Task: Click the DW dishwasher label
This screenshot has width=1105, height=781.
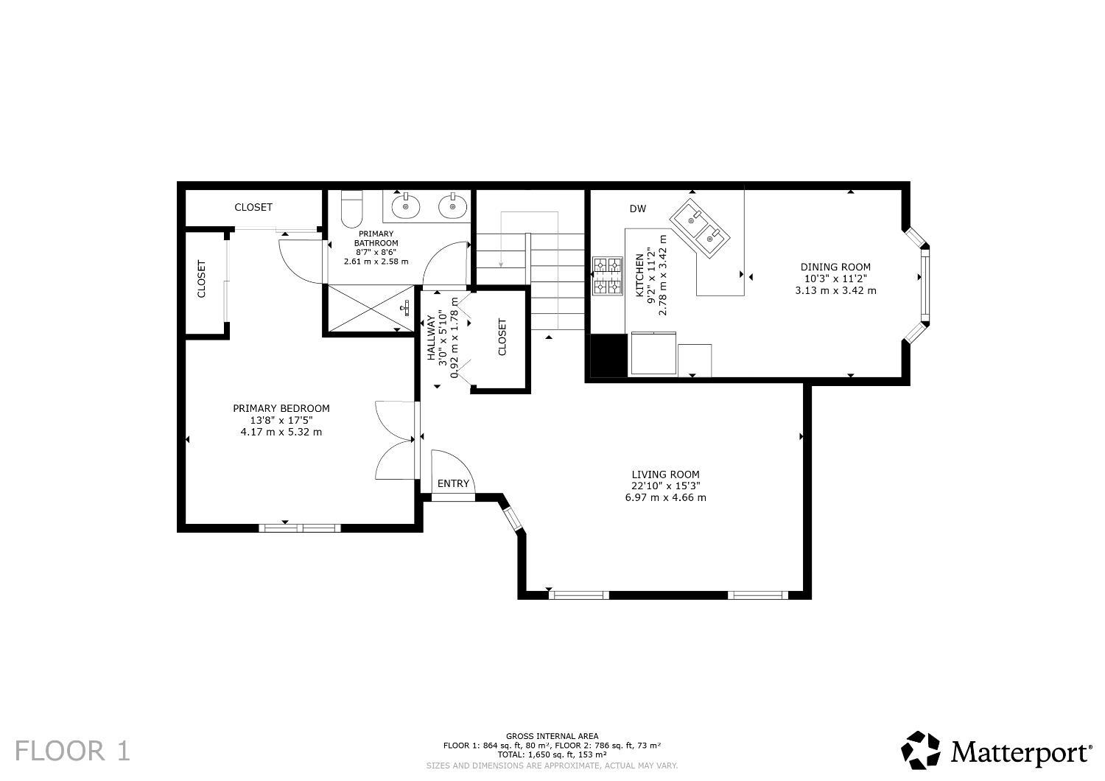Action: (637, 209)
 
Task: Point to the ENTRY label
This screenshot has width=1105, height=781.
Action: (453, 483)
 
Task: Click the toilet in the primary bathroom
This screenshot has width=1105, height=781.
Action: (352, 208)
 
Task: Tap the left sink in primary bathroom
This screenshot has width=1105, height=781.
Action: (404, 206)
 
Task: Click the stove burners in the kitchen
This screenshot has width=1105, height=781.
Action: (608, 276)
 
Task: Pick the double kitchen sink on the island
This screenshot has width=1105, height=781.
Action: (700, 226)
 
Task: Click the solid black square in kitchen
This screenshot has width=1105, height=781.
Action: (608, 355)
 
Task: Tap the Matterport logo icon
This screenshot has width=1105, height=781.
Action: (921, 750)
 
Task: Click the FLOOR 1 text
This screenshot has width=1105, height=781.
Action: (72, 752)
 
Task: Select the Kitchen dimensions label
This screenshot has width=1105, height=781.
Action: (651, 276)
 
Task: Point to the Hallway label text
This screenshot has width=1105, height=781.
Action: (432, 338)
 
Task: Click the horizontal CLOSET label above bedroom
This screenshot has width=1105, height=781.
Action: (253, 208)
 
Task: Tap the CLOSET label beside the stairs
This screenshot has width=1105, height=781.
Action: (502, 337)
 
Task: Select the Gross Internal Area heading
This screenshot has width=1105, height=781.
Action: (552, 736)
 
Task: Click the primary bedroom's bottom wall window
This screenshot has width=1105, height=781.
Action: (300, 528)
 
